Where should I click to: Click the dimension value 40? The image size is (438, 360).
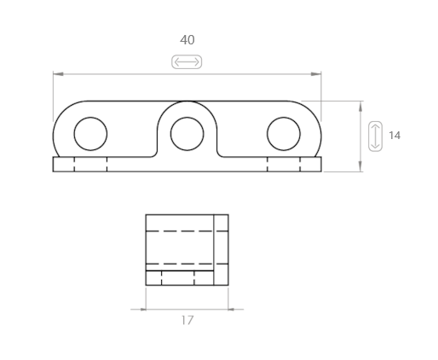tap(187, 40)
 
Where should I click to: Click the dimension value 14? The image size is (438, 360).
tap(395, 136)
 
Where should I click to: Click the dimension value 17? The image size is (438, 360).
tap(187, 321)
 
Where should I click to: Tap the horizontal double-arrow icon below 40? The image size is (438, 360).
tap(187, 61)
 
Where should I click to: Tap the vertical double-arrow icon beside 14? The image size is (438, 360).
tap(375, 136)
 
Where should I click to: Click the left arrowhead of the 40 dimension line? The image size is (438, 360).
tap(58, 74)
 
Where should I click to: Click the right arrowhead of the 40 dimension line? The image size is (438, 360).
tap(316, 74)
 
